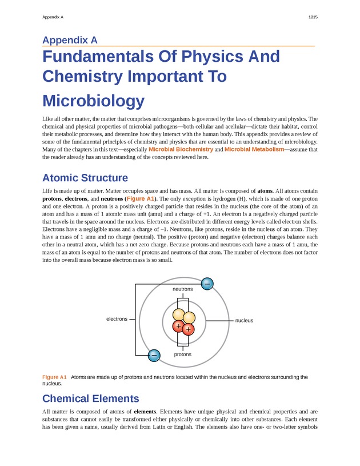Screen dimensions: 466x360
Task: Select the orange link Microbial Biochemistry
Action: pos(181,149)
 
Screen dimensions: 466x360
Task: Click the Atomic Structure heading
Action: pos(85,178)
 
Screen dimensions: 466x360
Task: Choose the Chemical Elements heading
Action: pos(90,398)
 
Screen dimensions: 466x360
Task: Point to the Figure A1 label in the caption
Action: pos(54,377)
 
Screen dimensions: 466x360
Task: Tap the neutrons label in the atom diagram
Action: pos(183,289)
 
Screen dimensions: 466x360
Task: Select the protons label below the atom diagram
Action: pos(183,355)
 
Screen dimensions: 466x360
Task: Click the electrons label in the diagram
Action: pos(117,318)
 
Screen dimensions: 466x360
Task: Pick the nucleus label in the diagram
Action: pos(244,321)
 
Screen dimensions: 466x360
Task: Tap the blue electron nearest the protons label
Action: pos(153,356)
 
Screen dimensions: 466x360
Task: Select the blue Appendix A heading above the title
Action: pos(70,40)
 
